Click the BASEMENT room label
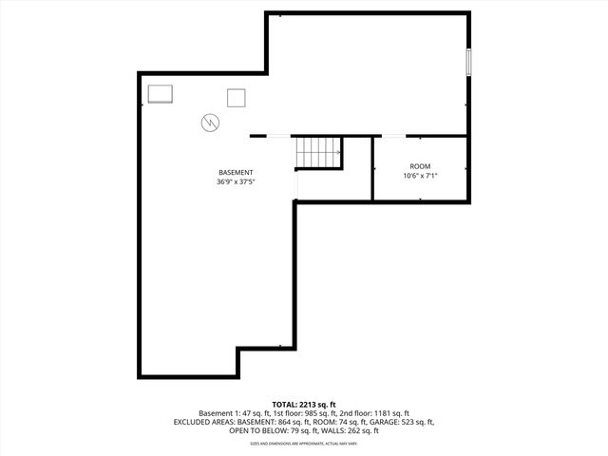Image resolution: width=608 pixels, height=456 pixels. (x=235, y=172)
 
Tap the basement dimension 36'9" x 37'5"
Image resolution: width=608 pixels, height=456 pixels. (x=235, y=181)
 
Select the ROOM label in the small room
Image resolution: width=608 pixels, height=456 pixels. (x=419, y=166)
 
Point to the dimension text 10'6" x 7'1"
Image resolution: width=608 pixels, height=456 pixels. (x=419, y=176)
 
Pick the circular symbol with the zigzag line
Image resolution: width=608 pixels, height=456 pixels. (x=209, y=122)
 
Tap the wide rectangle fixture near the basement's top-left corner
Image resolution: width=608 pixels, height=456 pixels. (x=160, y=93)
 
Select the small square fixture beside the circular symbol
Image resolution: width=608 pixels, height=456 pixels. (x=236, y=97)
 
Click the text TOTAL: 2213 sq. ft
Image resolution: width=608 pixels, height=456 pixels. (x=303, y=405)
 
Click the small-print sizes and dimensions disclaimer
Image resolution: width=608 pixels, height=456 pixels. (x=303, y=444)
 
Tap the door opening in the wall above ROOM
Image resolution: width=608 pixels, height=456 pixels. (x=390, y=136)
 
